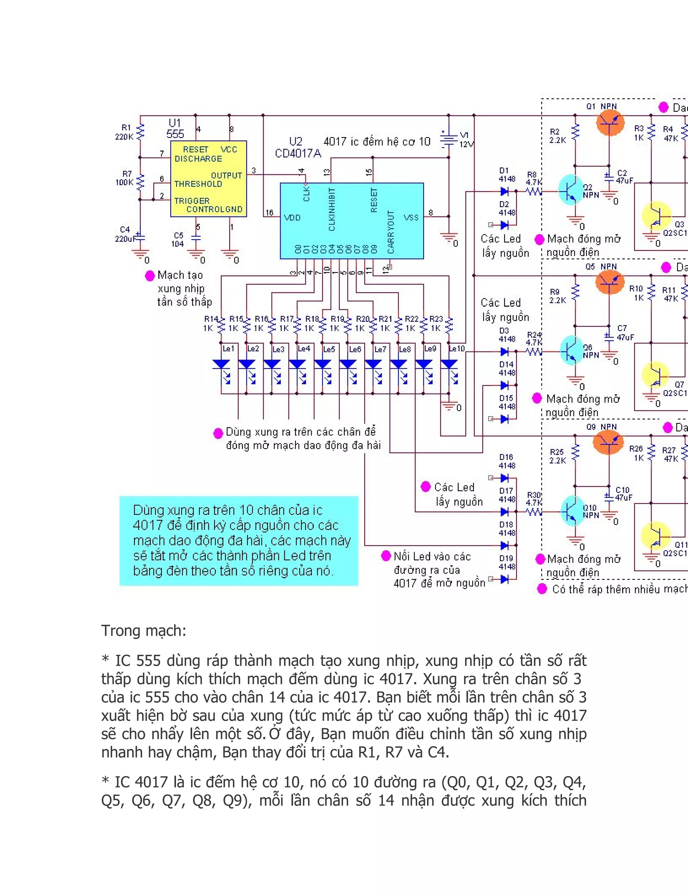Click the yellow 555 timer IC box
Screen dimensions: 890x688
tap(208, 179)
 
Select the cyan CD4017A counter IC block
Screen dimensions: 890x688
tap(352, 220)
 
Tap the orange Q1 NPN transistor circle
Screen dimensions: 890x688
tap(610, 122)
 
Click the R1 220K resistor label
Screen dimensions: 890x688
tap(124, 132)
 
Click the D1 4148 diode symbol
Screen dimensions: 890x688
tap(504, 191)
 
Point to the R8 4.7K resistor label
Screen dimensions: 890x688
tap(533, 178)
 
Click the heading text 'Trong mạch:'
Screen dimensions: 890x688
tap(143, 631)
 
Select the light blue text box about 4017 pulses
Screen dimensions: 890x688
tap(239, 541)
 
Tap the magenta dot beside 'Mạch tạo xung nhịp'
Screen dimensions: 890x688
tap(149, 276)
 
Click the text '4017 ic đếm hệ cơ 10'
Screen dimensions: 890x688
tap(377, 142)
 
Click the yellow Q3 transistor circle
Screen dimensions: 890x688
tap(656, 216)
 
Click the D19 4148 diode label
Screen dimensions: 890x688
tap(506, 562)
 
